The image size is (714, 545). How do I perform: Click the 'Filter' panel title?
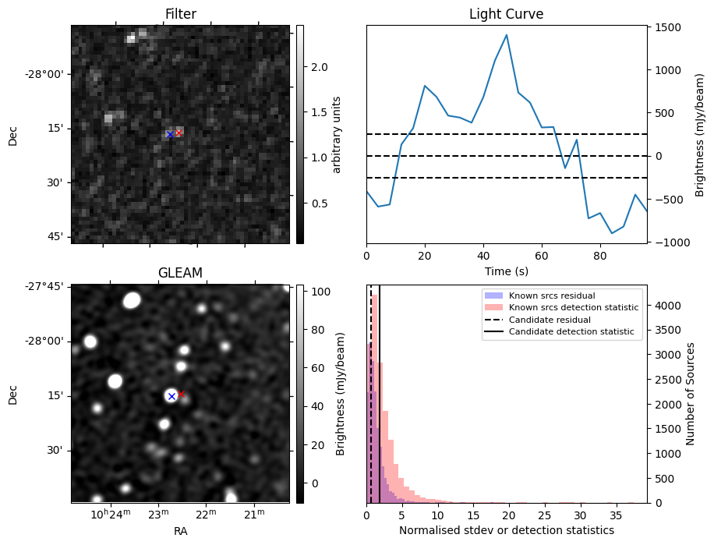180,14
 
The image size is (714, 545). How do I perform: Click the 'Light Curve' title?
506,14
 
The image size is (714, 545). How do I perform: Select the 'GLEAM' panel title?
180,273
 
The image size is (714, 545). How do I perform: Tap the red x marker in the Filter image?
178,133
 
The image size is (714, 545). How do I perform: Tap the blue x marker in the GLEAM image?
171,397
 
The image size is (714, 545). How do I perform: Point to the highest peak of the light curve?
507,34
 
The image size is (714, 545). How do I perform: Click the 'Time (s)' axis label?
506,270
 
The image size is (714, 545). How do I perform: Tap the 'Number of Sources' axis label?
691,394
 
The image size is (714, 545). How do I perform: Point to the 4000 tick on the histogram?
667,305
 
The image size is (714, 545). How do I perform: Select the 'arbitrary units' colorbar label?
337,134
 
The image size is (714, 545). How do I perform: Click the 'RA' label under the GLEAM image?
180,531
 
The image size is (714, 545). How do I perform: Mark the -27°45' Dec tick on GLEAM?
47,286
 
